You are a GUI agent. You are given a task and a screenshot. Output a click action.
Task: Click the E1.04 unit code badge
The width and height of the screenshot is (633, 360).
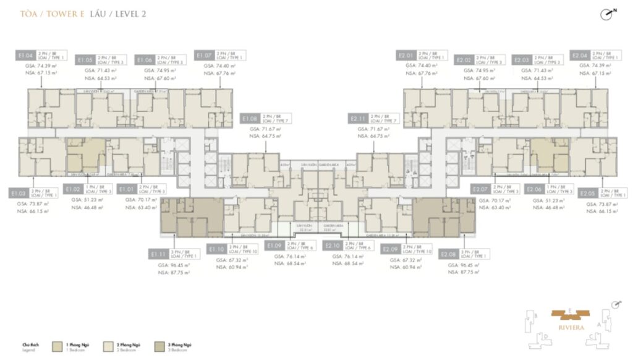[x=25, y=55]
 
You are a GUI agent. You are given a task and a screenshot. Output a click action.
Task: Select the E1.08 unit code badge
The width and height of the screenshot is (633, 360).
[x=250, y=118]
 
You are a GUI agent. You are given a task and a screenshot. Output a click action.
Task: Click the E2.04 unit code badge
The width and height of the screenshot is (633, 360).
[x=580, y=55]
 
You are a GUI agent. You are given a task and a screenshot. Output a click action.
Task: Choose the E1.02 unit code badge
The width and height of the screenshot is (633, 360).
[x=73, y=189]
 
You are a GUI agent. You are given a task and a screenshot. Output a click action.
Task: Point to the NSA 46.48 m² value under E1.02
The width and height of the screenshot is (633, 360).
[x=87, y=208]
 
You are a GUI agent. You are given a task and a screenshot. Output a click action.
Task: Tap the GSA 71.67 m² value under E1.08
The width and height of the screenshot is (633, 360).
[x=260, y=129]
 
